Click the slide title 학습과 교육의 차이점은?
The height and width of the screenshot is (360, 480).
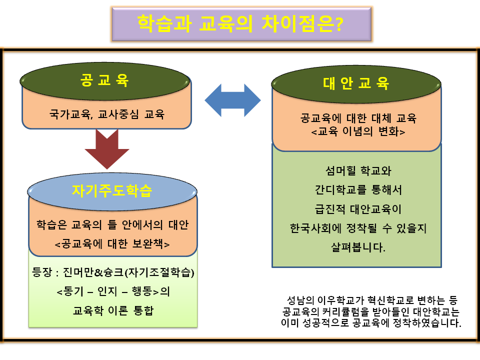pyautogui.click(x=240, y=23)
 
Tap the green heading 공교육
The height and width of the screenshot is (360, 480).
pyautogui.click(x=105, y=80)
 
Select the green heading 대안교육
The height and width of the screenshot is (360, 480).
pyautogui.click(x=356, y=83)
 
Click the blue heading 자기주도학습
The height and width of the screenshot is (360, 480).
pyautogui.click(x=112, y=191)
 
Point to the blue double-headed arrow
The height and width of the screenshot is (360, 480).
pyautogui.click(x=233, y=100)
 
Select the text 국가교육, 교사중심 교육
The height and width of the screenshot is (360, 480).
pyautogui.click(x=106, y=114)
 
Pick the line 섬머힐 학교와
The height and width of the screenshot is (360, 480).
pyautogui.click(x=356, y=171)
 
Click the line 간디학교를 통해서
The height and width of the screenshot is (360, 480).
pyautogui.click(x=356, y=190)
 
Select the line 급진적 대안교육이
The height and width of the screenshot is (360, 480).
pyautogui.click(x=356, y=209)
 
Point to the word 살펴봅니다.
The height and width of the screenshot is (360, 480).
pyautogui.click(x=356, y=247)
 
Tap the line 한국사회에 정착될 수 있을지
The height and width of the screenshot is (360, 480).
pyautogui.click(x=356, y=228)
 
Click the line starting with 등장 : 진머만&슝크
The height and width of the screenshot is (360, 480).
pyautogui.click(x=112, y=273)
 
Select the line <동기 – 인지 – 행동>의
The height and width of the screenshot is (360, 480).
pyautogui.click(x=112, y=291)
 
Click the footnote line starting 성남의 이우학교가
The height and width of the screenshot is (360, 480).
pyautogui.click(x=372, y=300)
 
